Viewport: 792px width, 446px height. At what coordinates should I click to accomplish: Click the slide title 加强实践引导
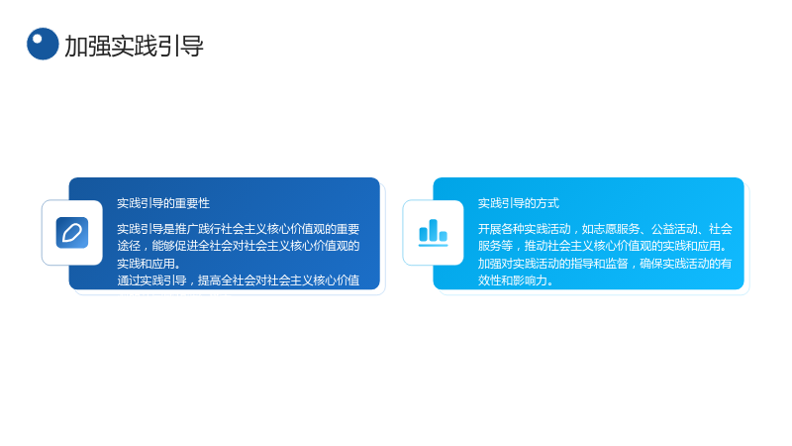click(134, 46)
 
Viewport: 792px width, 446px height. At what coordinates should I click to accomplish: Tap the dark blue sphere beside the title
click(43, 44)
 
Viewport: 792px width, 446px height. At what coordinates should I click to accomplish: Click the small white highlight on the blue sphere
click(37, 39)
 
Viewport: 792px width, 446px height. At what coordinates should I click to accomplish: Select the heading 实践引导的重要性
click(163, 203)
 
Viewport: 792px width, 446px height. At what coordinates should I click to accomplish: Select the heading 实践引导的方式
click(519, 203)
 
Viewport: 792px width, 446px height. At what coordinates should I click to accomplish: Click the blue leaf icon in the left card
click(72, 233)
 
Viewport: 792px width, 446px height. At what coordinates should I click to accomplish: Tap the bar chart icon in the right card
click(433, 233)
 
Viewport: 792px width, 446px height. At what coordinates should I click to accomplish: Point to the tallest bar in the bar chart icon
click(433, 230)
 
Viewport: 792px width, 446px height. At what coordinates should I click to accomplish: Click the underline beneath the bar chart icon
click(433, 245)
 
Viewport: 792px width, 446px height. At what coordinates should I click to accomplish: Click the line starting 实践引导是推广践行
click(239, 229)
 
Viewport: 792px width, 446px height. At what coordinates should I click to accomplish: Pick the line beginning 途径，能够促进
click(239, 246)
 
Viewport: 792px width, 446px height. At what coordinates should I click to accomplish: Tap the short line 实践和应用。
click(148, 264)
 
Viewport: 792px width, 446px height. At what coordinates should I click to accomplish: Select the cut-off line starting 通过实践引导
click(239, 280)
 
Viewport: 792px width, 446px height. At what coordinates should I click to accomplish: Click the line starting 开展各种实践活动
click(605, 229)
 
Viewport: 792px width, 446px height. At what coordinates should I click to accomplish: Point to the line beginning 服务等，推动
click(603, 246)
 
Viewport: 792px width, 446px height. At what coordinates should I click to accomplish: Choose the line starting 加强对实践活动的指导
click(605, 264)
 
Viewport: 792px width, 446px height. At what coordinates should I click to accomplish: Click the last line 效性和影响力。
click(516, 280)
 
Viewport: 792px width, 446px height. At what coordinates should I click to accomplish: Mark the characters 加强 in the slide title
click(87, 46)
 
